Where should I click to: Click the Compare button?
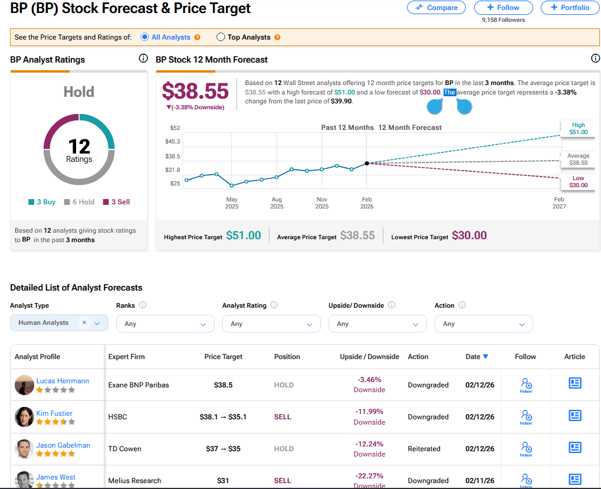point(436,8)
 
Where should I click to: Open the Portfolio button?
point(569,8)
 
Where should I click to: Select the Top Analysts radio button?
point(221,37)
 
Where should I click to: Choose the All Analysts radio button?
point(144,37)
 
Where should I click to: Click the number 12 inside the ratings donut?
point(79,145)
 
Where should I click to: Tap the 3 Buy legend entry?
point(42,202)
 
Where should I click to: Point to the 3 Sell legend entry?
point(117,202)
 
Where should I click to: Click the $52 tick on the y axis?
point(175,128)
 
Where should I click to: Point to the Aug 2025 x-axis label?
point(277,203)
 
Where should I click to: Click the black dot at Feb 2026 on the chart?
point(367,163)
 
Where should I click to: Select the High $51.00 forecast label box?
point(578,129)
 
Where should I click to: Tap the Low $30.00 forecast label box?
point(578,182)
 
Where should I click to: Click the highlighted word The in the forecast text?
point(449,93)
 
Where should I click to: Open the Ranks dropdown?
point(165,324)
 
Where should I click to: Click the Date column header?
point(477,357)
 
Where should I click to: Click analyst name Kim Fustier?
point(54,413)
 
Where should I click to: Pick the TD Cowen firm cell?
point(125,449)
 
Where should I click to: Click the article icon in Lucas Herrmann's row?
point(574,383)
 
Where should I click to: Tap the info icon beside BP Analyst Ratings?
point(143,58)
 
